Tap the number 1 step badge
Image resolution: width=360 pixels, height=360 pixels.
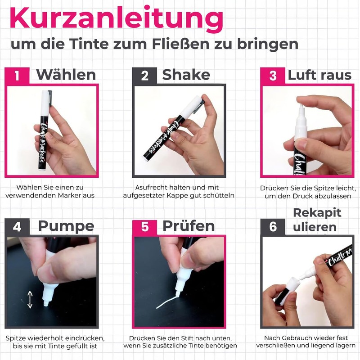pos(17,76)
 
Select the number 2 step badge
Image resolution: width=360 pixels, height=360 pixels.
pos(144,76)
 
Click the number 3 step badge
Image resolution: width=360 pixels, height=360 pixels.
pos(273,76)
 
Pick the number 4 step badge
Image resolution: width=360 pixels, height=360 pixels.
pos(17,227)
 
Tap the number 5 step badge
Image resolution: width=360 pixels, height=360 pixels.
pos(144,227)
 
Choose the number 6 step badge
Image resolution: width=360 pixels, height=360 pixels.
pos(273,227)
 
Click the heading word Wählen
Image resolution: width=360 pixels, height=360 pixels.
pos(66,75)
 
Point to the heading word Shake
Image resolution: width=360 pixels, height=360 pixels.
pos(186,75)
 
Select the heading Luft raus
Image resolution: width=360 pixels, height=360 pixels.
pos(319,75)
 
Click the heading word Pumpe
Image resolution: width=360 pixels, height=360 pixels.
pos(66,227)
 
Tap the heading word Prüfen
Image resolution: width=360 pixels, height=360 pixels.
pos(189,226)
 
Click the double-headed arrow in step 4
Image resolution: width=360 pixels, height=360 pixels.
pos(30,299)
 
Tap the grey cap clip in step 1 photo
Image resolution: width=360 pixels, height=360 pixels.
pos(50,98)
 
